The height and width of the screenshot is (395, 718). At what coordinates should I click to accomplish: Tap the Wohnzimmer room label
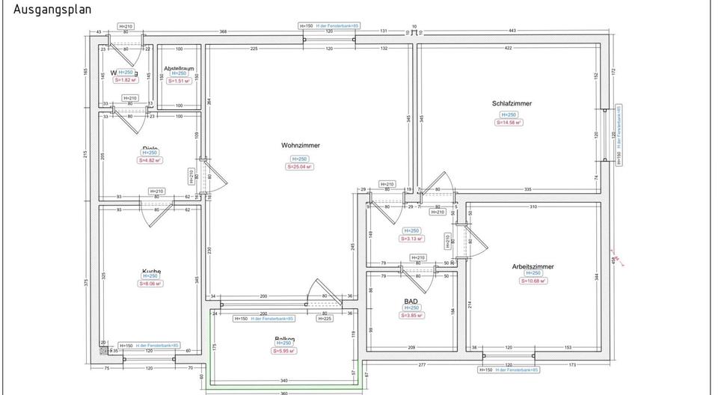(x=301, y=145)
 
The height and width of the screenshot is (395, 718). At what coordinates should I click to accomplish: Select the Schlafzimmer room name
(x=512, y=104)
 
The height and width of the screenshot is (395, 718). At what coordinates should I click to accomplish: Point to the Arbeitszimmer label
(x=532, y=266)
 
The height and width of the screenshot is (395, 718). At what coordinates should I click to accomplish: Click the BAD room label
(x=411, y=300)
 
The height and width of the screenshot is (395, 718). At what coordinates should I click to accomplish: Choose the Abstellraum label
(x=179, y=68)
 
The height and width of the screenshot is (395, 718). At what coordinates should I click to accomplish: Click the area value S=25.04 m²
(x=299, y=167)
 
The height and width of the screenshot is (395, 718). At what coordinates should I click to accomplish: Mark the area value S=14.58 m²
(x=509, y=122)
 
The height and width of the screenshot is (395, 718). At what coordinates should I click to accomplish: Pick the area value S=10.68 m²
(x=533, y=281)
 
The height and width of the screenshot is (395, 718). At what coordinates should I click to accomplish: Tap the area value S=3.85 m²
(x=411, y=315)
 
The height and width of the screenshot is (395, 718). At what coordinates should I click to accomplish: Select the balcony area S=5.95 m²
(x=284, y=350)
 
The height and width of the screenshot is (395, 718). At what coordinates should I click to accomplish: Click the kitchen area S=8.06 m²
(x=150, y=284)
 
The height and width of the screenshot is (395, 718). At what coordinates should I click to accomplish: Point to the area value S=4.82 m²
(x=150, y=160)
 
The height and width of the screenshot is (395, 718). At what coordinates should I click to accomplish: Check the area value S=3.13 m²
(x=411, y=239)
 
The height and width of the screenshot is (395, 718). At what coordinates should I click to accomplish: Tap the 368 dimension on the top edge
(x=223, y=31)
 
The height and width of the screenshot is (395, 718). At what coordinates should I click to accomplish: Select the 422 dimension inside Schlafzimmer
(x=508, y=48)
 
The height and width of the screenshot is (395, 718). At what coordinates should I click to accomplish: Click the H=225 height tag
(x=325, y=319)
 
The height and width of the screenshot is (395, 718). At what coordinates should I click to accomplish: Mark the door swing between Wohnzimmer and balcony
(x=322, y=293)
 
